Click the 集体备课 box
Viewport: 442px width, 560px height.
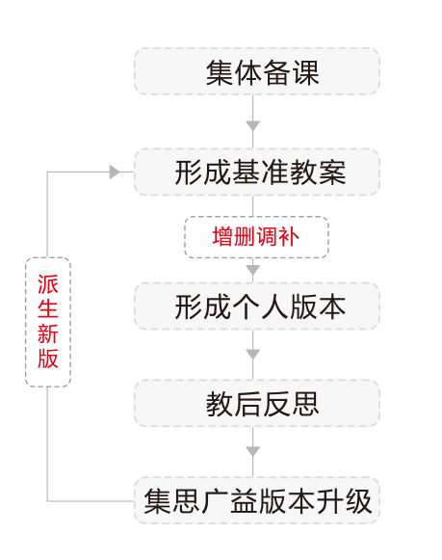pos(257,71)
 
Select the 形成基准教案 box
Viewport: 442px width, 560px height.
pos(257,173)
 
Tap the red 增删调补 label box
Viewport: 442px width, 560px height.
pos(256,237)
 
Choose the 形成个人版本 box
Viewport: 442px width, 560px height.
pos(257,307)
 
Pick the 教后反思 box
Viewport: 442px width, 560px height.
pos(257,404)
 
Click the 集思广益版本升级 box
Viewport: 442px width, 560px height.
pos(257,500)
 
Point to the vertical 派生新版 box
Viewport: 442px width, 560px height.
pos(48,322)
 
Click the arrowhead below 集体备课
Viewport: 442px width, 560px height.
pos(253,126)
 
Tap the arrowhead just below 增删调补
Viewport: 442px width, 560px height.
pos(253,270)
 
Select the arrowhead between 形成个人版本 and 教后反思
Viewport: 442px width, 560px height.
pos(253,355)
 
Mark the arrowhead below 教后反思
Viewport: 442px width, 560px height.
pos(253,452)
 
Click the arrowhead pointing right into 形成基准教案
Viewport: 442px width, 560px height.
pos(115,173)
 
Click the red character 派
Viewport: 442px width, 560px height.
pos(48,284)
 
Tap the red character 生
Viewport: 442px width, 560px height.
pos(48,308)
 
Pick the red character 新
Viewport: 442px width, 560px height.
pos(48,333)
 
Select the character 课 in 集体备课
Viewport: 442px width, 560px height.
pos(305,72)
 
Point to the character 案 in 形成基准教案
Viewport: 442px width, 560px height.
pos(332,173)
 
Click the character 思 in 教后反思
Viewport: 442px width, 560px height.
pos(305,404)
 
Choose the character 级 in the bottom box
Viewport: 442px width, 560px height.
pos(358,501)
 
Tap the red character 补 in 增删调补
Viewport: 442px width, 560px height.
pos(289,236)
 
